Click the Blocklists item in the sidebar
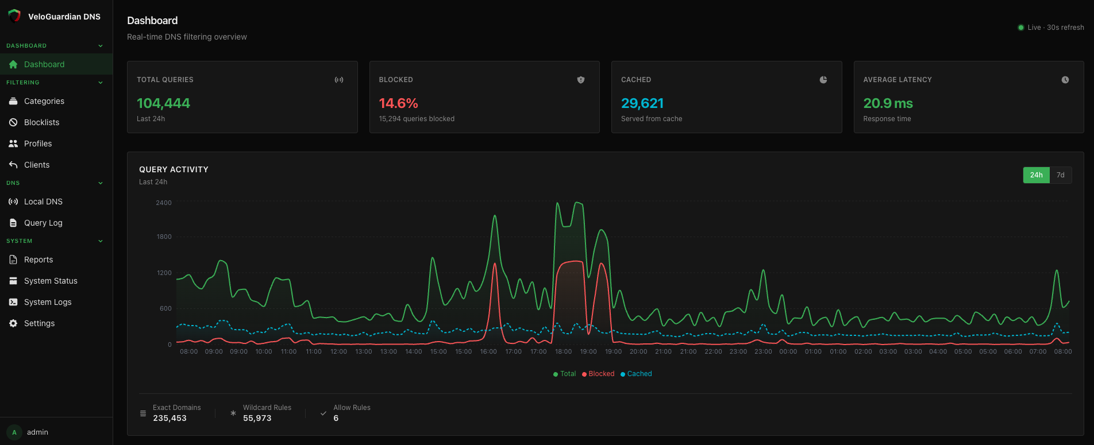coord(41,122)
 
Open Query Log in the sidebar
coord(43,223)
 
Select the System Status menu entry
coord(51,281)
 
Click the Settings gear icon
coord(13,323)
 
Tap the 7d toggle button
coord(1060,175)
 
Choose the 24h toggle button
coord(1036,175)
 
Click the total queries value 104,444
coord(163,103)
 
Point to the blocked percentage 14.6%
coord(398,103)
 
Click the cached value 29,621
coord(642,103)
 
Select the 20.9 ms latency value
coord(888,103)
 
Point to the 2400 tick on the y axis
coord(164,203)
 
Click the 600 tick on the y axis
coord(165,308)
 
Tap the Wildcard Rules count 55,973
coord(257,418)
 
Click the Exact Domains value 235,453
coord(170,418)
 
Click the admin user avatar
coord(14,432)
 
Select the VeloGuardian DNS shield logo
coord(14,16)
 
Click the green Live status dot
coord(1020,28)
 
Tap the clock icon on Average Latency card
coord(1065,80)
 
